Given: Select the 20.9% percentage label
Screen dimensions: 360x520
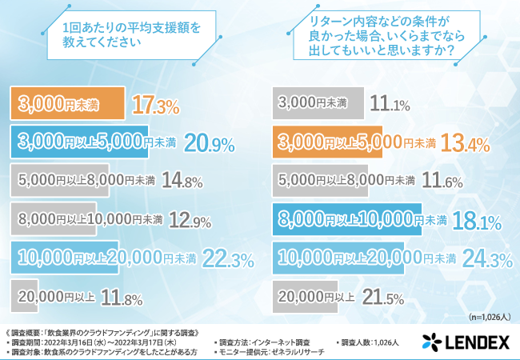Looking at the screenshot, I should (209, 143).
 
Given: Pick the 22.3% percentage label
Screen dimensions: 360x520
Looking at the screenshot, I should (230, 258).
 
